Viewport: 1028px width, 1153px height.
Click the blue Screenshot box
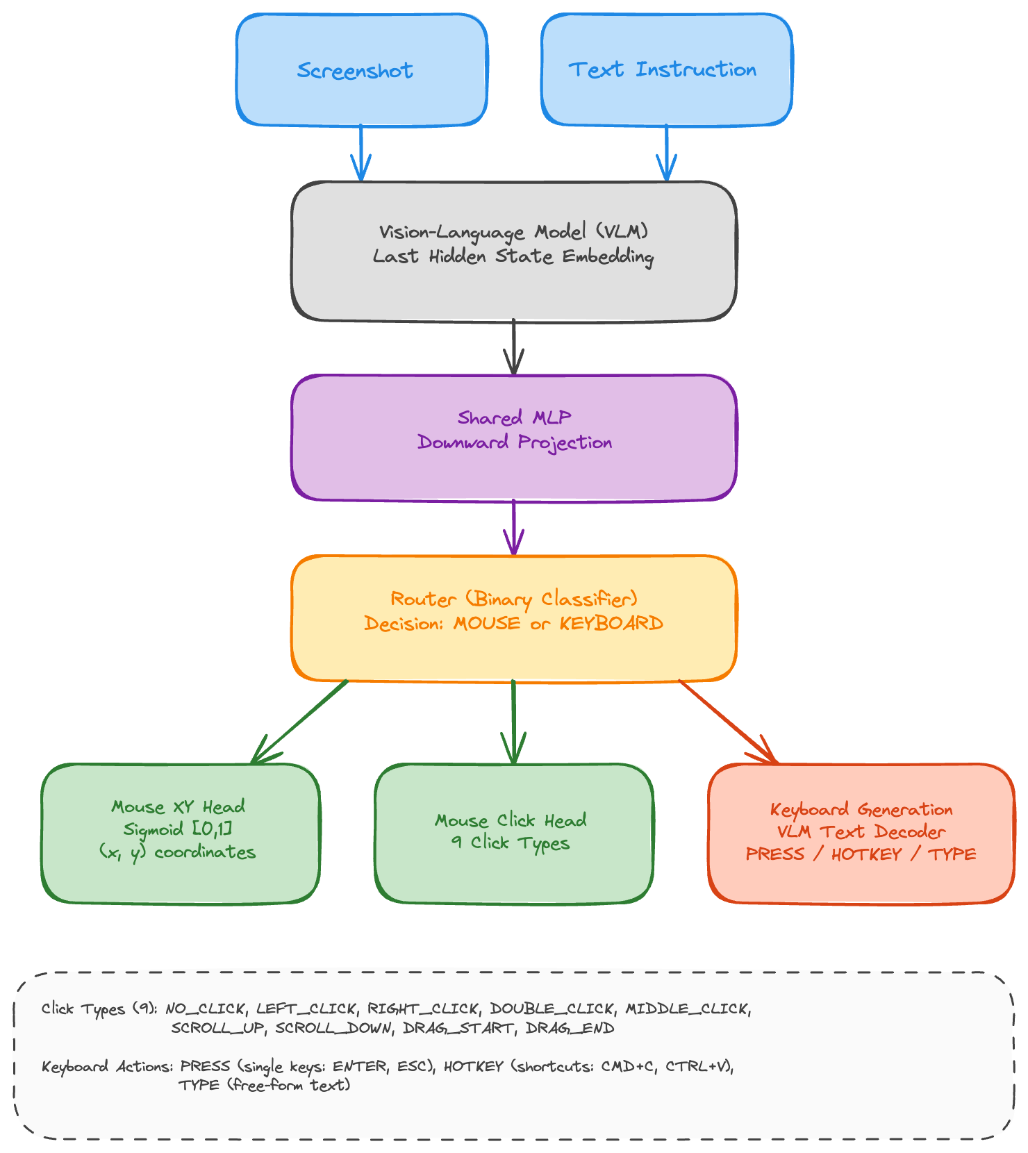[361, 70]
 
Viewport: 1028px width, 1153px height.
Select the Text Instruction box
[665, 69]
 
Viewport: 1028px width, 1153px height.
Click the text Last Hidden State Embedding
[513, 256]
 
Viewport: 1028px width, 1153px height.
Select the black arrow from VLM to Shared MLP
[513, 347]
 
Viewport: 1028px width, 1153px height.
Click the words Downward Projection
[515, 442]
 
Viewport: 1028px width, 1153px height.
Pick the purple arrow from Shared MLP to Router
[513, 528]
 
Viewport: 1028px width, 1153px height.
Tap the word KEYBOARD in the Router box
[611, 623]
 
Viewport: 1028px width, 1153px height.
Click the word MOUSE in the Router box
[486, 623]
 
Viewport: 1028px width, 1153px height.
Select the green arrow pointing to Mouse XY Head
[299, 722]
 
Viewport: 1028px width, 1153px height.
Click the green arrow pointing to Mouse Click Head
[513, 722]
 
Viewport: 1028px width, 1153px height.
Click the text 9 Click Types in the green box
[511, 843]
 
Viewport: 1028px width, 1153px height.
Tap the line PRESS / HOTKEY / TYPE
[861, 854]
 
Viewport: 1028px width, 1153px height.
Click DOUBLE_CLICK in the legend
[552, 1009]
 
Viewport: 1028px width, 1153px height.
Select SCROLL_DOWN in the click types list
[333, 1028]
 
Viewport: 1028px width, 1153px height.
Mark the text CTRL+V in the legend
[698, 1066]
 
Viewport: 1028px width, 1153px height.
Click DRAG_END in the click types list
[570, 1028]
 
